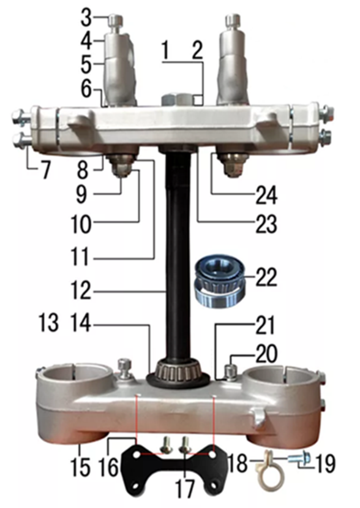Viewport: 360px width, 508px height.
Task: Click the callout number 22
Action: [x=266, y=277]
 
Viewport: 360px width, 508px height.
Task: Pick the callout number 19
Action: [x=324, y=463]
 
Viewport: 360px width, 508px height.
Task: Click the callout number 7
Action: [x=45, y=170]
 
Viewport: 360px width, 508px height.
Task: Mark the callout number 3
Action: [x=86, y=18]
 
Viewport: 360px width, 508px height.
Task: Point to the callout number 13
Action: [x=48, y=323]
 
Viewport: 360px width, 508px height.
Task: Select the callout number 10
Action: [x=81, y=223]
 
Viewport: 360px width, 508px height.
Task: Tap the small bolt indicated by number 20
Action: [x=230, y=372]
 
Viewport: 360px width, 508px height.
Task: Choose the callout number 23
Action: [x=266, y=224]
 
